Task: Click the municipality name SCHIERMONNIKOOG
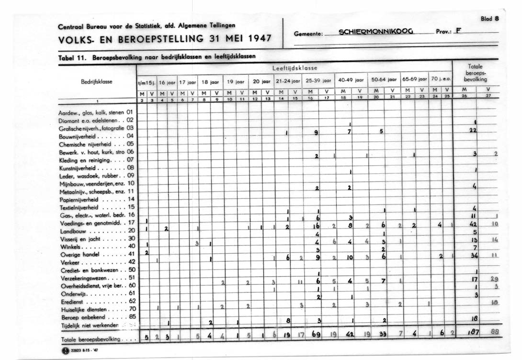375,33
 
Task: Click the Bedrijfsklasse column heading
96,81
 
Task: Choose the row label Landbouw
72,230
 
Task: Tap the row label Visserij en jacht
78,238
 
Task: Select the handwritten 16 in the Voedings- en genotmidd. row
317,226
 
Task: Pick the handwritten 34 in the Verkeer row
474,255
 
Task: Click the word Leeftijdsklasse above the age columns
295,68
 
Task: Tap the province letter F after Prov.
459,32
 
